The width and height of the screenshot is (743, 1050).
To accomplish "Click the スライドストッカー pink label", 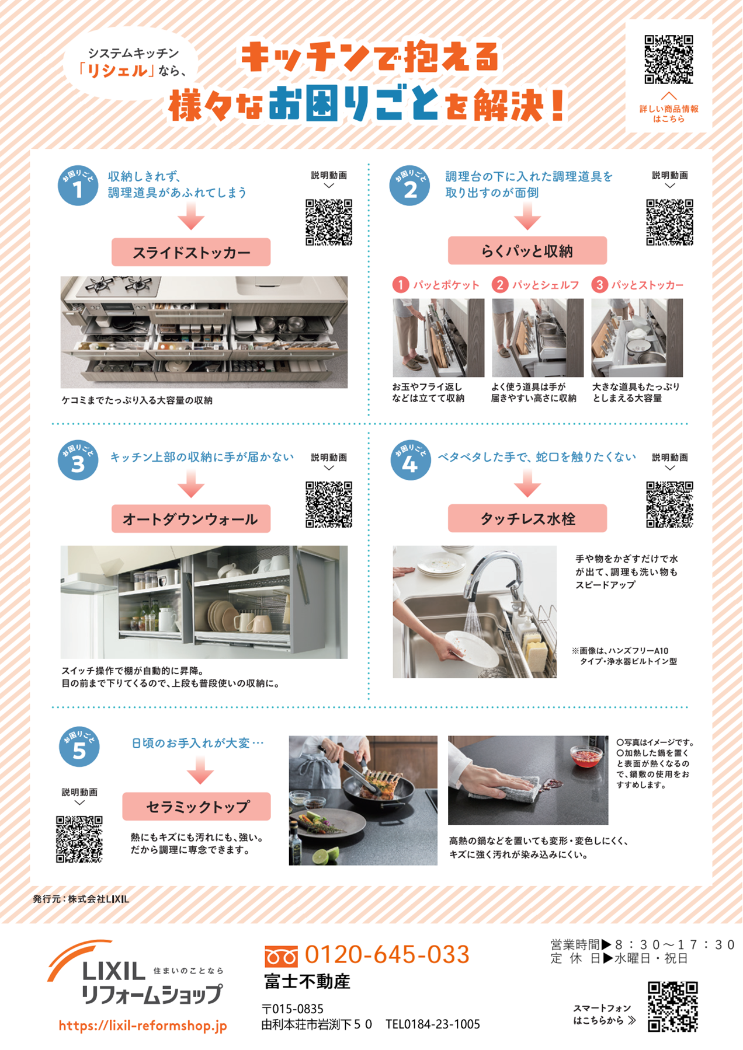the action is pyautogui.click(x=191, y=252).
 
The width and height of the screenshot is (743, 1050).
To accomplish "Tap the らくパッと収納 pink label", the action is pyautogui.click(x=527, y=250).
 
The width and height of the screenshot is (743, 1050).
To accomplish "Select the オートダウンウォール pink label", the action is pyautogui.click(x=191, y=518).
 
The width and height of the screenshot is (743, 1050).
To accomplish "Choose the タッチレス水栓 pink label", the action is pyautogui.click(x=527, y=518).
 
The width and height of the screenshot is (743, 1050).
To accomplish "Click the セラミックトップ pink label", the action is pyautogui.click(x=196, y=806).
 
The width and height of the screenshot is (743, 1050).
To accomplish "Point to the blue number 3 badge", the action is pyautogui.click(x=78, y=461).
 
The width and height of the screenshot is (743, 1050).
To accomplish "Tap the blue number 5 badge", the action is pyautogui.click(x=79, y=747).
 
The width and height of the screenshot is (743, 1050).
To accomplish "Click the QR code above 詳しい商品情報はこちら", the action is pyautogui.click(x=669, y=60).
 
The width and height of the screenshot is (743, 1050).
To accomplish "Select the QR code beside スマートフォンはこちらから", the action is pyautogui.click(x=673, y=1007).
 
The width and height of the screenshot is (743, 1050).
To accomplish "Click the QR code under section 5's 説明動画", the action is pyautogui.click(x=79, y=839).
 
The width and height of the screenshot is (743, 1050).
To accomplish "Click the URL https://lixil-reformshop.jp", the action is pyautogui.click(x=143, y=1025).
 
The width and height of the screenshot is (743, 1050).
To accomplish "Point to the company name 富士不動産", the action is pyautogui.click(x=307, y=982).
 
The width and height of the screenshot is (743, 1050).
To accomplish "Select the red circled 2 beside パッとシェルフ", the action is pyautogui.click(x=500, y=285).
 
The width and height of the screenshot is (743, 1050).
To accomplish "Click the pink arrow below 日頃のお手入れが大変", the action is pyautogui.click(x=200, y=770).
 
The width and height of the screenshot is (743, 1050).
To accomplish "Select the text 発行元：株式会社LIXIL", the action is pyautogui.click(x=81, y=899).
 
